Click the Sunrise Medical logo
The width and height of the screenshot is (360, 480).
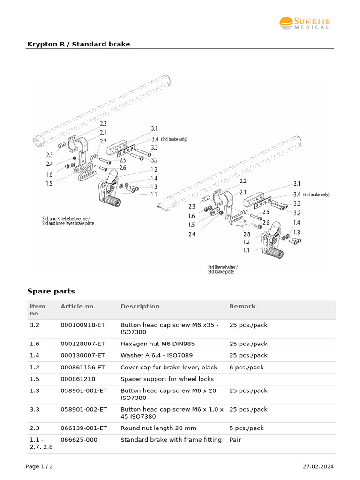pos(305,23)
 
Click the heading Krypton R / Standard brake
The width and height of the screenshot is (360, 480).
pos(78,44)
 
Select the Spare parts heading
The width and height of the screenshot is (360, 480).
pos(51,291)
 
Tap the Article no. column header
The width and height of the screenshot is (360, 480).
pos(78,306)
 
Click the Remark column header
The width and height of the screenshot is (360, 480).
pos(242,306)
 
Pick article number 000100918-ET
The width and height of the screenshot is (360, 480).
pos(83,325)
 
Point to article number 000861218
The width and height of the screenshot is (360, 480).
pos(77,379)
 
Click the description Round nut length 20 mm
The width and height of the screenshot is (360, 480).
pos(158,428)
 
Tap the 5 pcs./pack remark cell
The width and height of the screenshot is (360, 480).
pos(247,428)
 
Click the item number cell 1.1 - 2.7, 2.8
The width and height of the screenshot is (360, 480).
pos(41,443)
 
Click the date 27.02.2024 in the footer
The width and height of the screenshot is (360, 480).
pos(318,466)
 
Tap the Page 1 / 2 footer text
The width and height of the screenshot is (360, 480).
pos(39,466)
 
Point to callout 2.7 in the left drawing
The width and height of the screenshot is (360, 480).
pos(103,141)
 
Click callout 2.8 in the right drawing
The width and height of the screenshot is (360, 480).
pos(246,234)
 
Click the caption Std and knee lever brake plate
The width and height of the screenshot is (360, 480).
pos(68,224)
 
